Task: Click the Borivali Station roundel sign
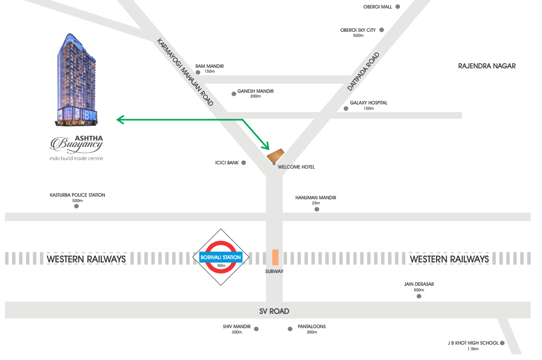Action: pyautogui.click(x=220, y=257)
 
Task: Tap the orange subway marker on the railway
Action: pyautogui.click(x=275, y=257)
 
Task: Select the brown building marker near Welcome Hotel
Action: pyautogui.click(x=276, y=155)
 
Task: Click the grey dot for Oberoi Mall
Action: pyautogui.click(x=397, y=7)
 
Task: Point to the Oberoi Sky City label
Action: pyautogui.click(x=358, y=30)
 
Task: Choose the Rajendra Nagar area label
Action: pyautogui.click(x=486, y=66)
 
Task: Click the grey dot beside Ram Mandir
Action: pyautogui.click(x=198, y=72)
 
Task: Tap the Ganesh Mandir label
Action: pyautogui.click(x=255, y=91)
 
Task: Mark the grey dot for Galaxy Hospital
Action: pyautogui.click(x=346, y=109)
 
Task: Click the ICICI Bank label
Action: pyautogui.click(x=227, y=163)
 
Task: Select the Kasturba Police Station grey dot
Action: pyautogui.click(x=76, y=206)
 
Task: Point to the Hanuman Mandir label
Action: pyautogui.click(x=316, y=198)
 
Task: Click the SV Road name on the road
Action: pyautogui.click(x=274, y=311)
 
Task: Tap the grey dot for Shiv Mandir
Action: pyautogui.click(x=256, y=329)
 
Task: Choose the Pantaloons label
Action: pyautogui.click(x=312, y=327)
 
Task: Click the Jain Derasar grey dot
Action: pyautogui.click(x=419, y=296)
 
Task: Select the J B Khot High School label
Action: pyautogui.click(x=473, y=343)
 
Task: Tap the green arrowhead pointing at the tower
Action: pyautogui.click(x=120, y=120)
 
